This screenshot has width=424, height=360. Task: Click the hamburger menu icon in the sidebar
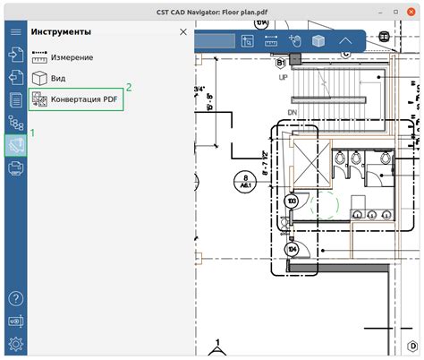coord(15,31)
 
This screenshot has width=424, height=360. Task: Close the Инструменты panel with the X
coord(183,31)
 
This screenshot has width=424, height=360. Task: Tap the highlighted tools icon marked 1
coord(15,144)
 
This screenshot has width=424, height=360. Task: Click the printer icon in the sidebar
coord(15,167)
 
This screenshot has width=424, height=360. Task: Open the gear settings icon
coord(15,344)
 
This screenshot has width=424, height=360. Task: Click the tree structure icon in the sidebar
coord(15,122)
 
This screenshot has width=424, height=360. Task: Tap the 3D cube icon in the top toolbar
coord(317,40)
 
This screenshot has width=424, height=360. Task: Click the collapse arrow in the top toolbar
coord(345,40)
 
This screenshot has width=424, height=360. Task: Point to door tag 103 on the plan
coord(292,203)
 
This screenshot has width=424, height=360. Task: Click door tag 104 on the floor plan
coord(292,248)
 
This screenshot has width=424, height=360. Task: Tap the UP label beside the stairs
coord(284,79)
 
